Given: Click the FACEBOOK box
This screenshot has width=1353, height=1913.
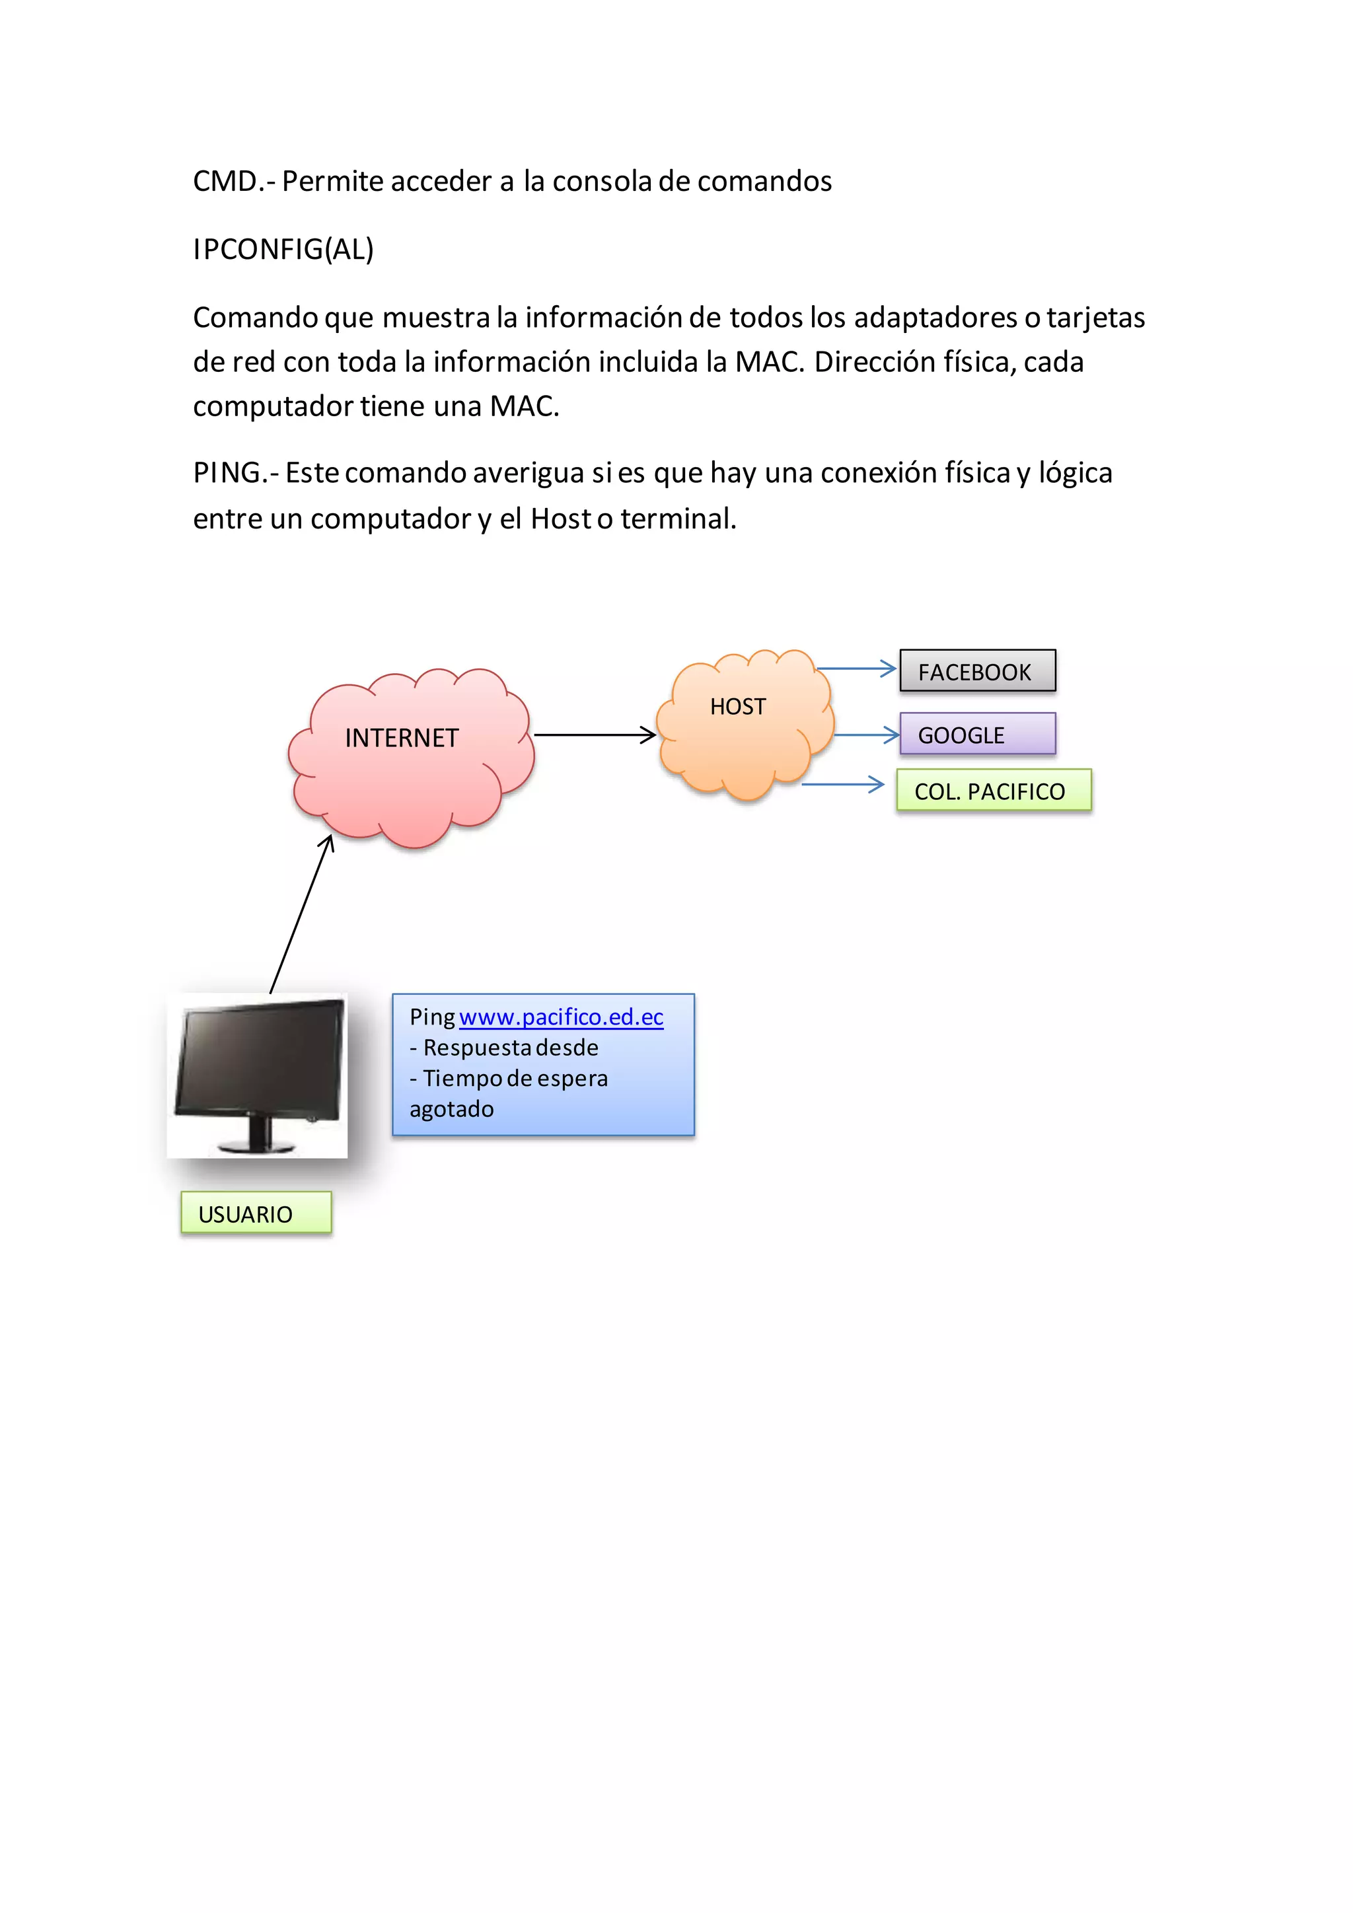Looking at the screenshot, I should [x=976, y=670].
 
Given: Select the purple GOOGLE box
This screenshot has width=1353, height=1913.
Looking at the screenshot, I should [x=976, y=734].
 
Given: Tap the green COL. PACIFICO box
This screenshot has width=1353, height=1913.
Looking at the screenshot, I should [x=993, y=790].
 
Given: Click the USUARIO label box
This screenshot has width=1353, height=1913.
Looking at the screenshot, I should [x=256, y=1212].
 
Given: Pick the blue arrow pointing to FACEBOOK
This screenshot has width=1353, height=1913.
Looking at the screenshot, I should [x=856, y=668].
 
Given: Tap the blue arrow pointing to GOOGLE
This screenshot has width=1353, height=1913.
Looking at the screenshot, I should [x=867, y=735].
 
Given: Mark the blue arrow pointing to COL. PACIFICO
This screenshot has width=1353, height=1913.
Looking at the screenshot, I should [x=842, y=784].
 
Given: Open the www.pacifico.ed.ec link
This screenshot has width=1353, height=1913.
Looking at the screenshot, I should [x=561, y=1017].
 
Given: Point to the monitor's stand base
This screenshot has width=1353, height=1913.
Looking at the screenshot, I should [x=256, y=1147].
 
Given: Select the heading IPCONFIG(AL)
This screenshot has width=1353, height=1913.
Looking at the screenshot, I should [x=283, y=249].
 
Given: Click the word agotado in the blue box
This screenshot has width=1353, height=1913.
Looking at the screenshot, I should [x=452, y=1110].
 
